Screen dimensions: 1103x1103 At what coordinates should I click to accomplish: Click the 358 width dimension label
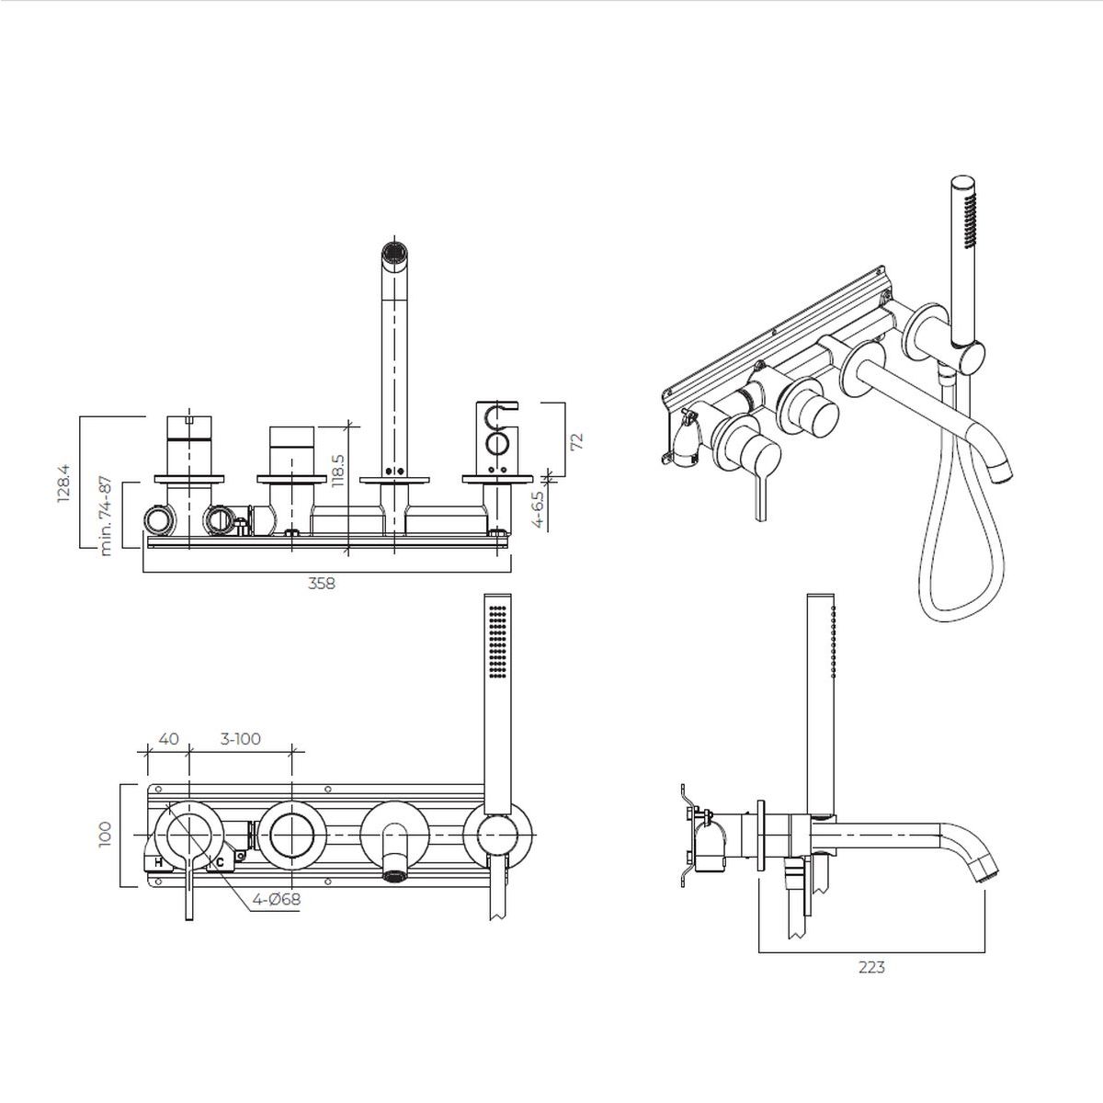[x=321, y=584]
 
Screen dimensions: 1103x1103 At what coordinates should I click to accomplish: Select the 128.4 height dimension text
[x=63, y=483]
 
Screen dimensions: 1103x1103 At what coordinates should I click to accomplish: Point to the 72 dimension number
[x=577, y=440]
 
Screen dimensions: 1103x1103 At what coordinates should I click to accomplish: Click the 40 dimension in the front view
[x=168, y=738]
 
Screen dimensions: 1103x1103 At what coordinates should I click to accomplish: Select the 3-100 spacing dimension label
[x=241, y=738]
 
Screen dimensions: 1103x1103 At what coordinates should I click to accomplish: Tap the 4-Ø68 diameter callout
[x=277, y=899]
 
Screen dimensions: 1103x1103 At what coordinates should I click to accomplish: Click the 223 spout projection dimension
[x=871, y=967]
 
